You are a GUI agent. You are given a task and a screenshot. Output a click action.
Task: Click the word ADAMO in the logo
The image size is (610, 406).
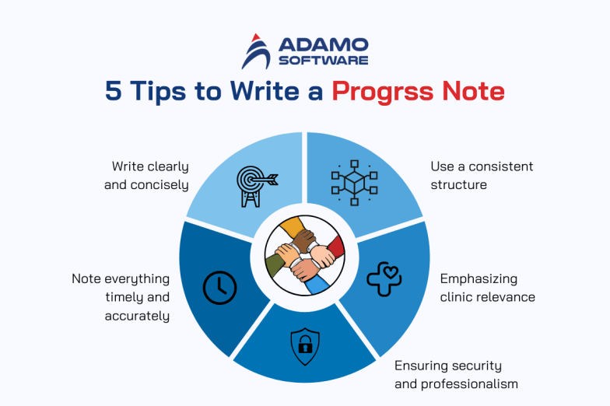[x=320, y=44]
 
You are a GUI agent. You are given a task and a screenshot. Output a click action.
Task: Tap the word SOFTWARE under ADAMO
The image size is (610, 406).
[x=320, y=60]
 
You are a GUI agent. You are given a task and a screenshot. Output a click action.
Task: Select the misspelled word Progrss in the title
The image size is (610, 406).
[x=380, y=91]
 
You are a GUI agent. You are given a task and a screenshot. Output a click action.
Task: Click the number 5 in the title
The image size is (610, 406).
[x=114, y=91]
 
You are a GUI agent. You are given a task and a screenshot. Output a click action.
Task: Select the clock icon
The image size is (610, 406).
[x=219, y=288]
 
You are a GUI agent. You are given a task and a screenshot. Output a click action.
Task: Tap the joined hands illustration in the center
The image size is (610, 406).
[x=304, y=255]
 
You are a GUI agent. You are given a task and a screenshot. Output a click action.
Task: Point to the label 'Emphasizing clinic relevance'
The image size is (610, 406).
[x=487, y=287]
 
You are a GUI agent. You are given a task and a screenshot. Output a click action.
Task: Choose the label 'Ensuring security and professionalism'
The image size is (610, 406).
[x=455, y=374]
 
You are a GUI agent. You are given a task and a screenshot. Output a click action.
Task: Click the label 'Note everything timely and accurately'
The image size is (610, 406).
[x=121, y=296]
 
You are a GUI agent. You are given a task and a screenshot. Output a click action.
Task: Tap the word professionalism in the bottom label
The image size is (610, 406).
[x=469, y=383]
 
